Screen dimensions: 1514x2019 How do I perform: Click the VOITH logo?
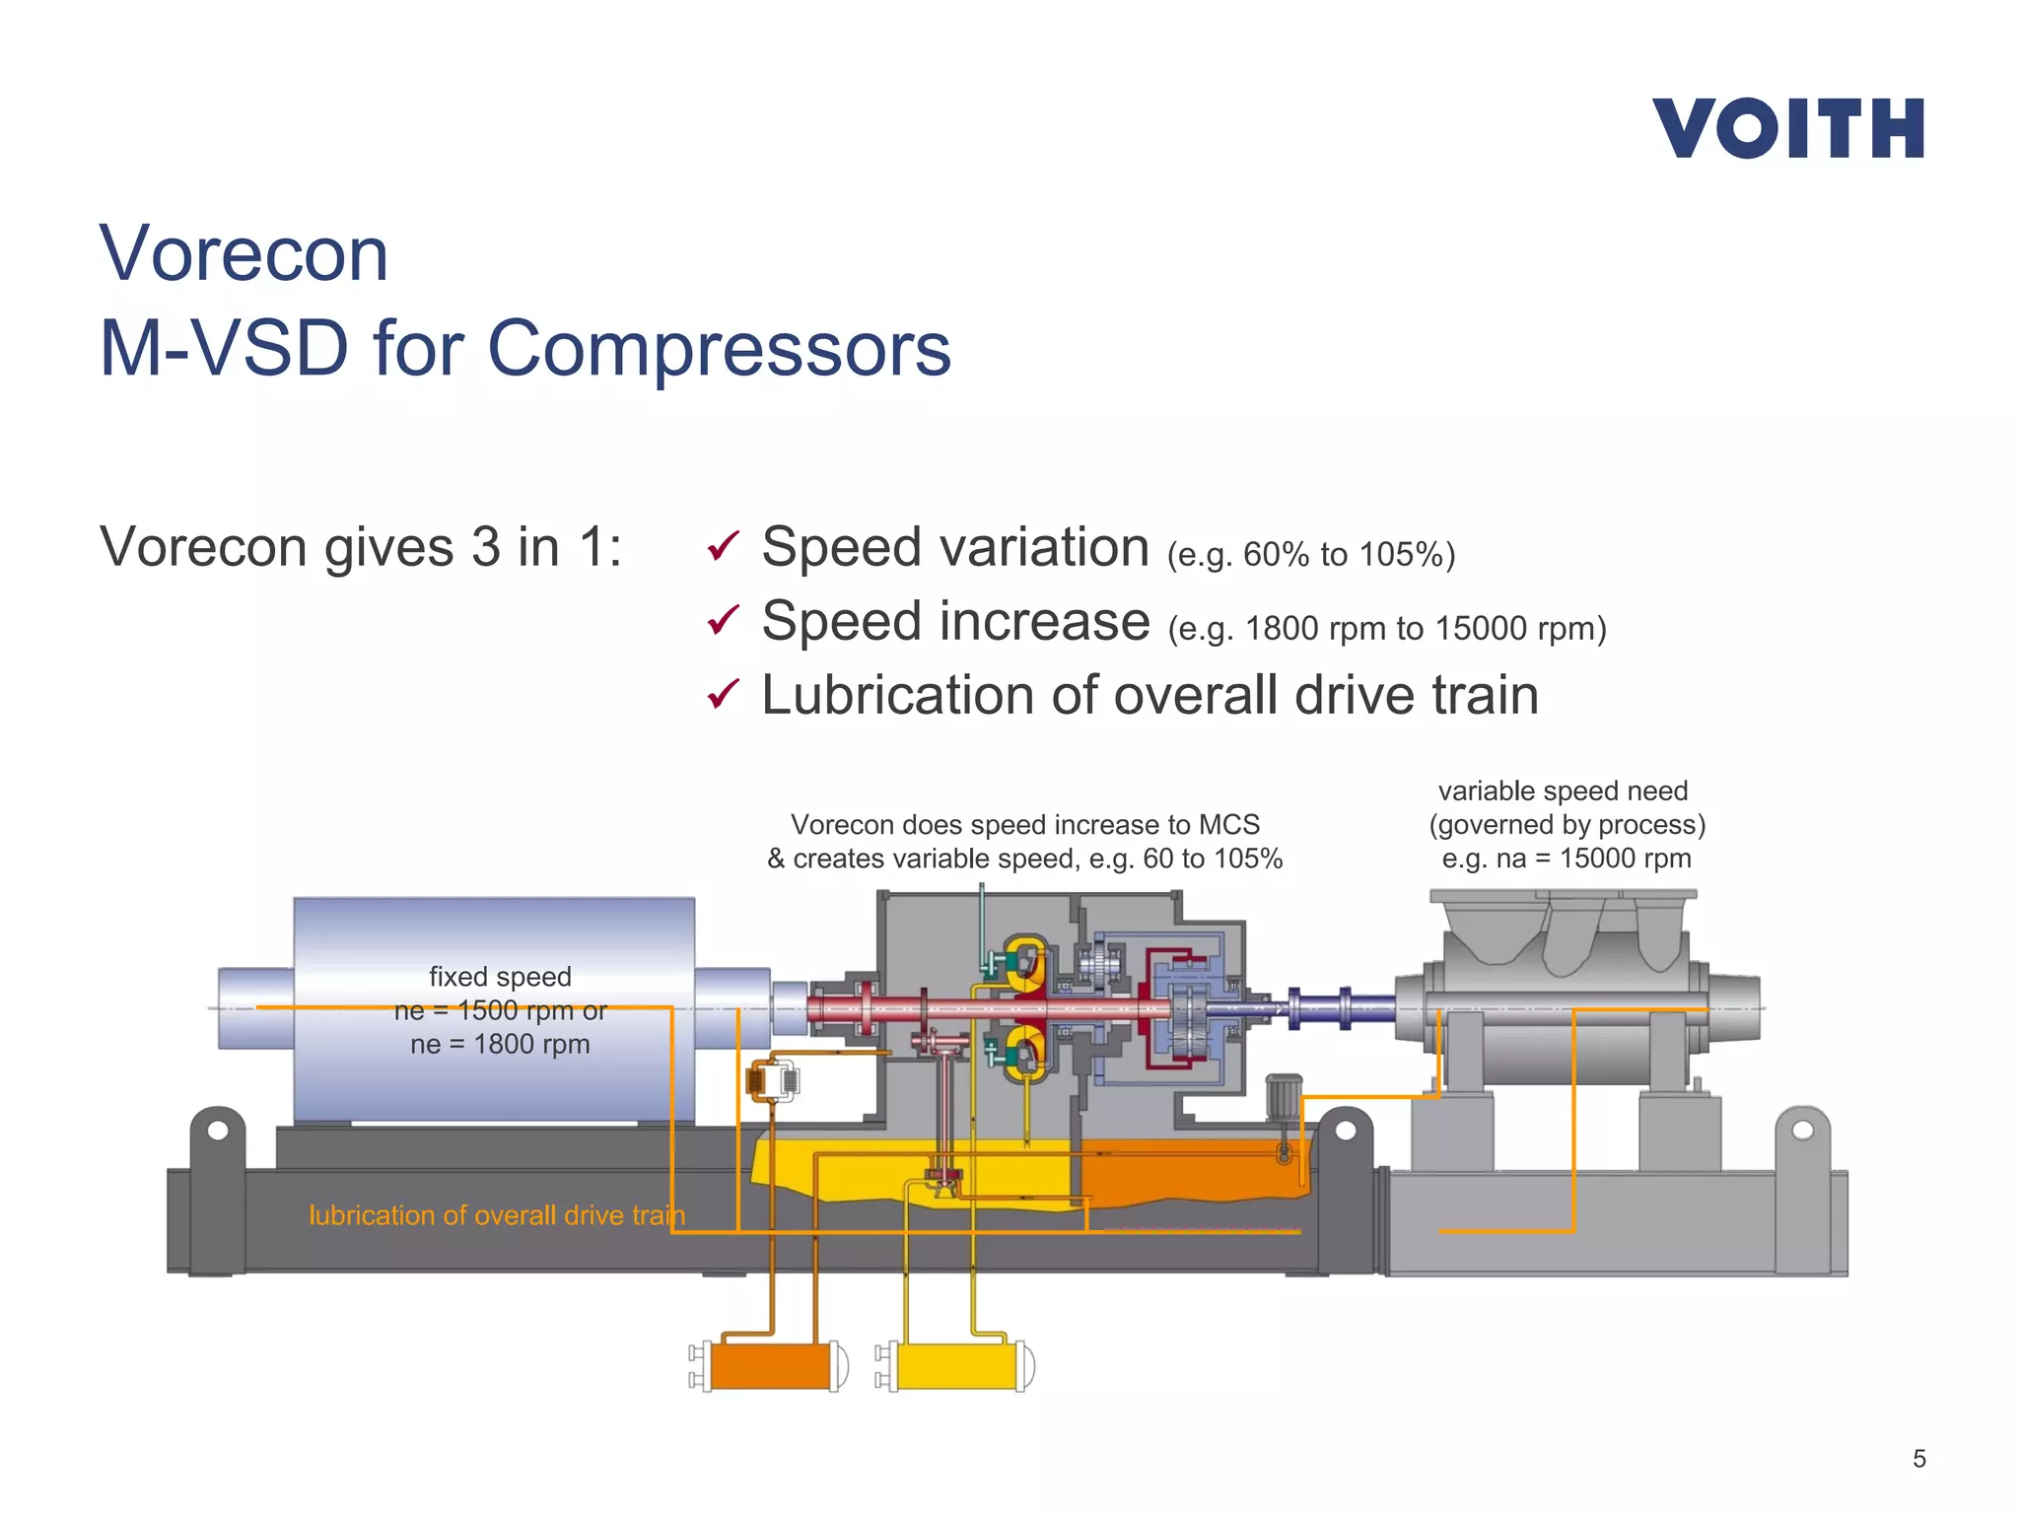[1787, 128]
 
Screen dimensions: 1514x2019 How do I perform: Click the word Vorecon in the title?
[244, 254]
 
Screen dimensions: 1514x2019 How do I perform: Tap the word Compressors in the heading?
[719, 349]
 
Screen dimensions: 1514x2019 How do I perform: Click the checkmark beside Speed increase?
[723, 620]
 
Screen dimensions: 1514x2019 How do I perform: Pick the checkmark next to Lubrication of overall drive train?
[723, 694]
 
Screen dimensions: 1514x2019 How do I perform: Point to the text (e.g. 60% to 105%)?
[1310, 555]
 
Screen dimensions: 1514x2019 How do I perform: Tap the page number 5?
[1918, 1459]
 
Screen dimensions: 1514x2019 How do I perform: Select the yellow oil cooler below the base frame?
[956, 1366]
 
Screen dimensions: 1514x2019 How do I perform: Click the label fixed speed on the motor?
[500, 977]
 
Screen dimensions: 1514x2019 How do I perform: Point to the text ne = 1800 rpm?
[500, 1044]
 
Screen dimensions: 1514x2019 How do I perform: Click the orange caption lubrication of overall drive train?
[496, 1215]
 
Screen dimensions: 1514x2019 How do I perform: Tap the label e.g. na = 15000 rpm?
[1566, 859]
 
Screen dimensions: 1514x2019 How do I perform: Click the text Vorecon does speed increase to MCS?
[1025, 825]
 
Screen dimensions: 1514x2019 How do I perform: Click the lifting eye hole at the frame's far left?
[219, 1131]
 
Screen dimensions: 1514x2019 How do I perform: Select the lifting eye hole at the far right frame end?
[1802, 1130]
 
